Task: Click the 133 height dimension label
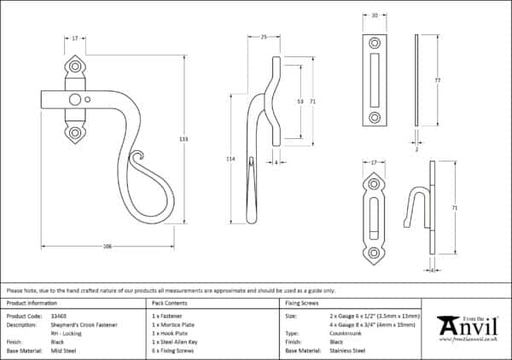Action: [x=183, y=138]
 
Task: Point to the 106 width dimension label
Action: [x=108, y=246]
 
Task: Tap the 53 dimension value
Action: [x=299, y=100]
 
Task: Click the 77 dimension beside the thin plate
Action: [x=436, y=80]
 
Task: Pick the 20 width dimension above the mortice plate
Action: [x=375, y=15]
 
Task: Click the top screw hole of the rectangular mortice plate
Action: [x=375, y=43]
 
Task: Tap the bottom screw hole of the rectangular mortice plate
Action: [x=375, y=118]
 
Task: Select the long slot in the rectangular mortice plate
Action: [x=375, y=80]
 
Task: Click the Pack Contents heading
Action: [x=170, y=303]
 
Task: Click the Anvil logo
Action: [x=467, y=327]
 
